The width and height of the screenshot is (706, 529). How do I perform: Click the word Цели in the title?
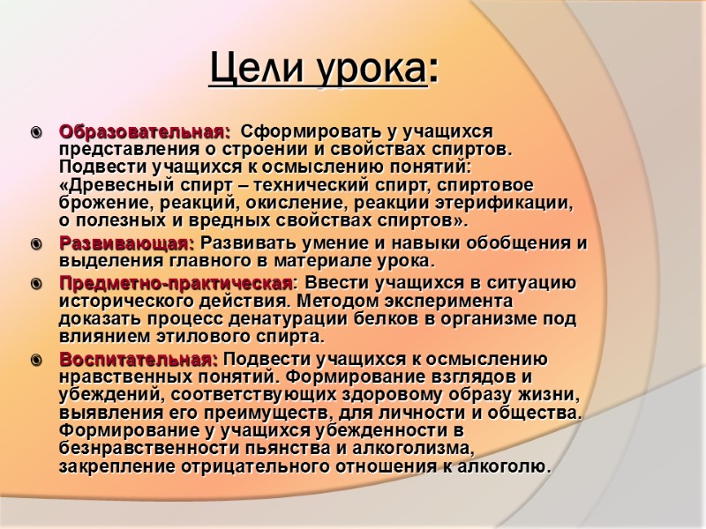pos(248,68)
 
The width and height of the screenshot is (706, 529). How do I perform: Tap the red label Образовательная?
pos(144,132)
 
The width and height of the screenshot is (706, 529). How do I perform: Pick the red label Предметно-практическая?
pos(176,283)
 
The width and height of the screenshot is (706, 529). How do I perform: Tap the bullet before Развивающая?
pos(35,244)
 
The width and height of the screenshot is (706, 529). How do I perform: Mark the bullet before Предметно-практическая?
pos(35,284)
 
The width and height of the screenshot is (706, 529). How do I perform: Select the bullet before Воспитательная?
pos(35,360)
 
